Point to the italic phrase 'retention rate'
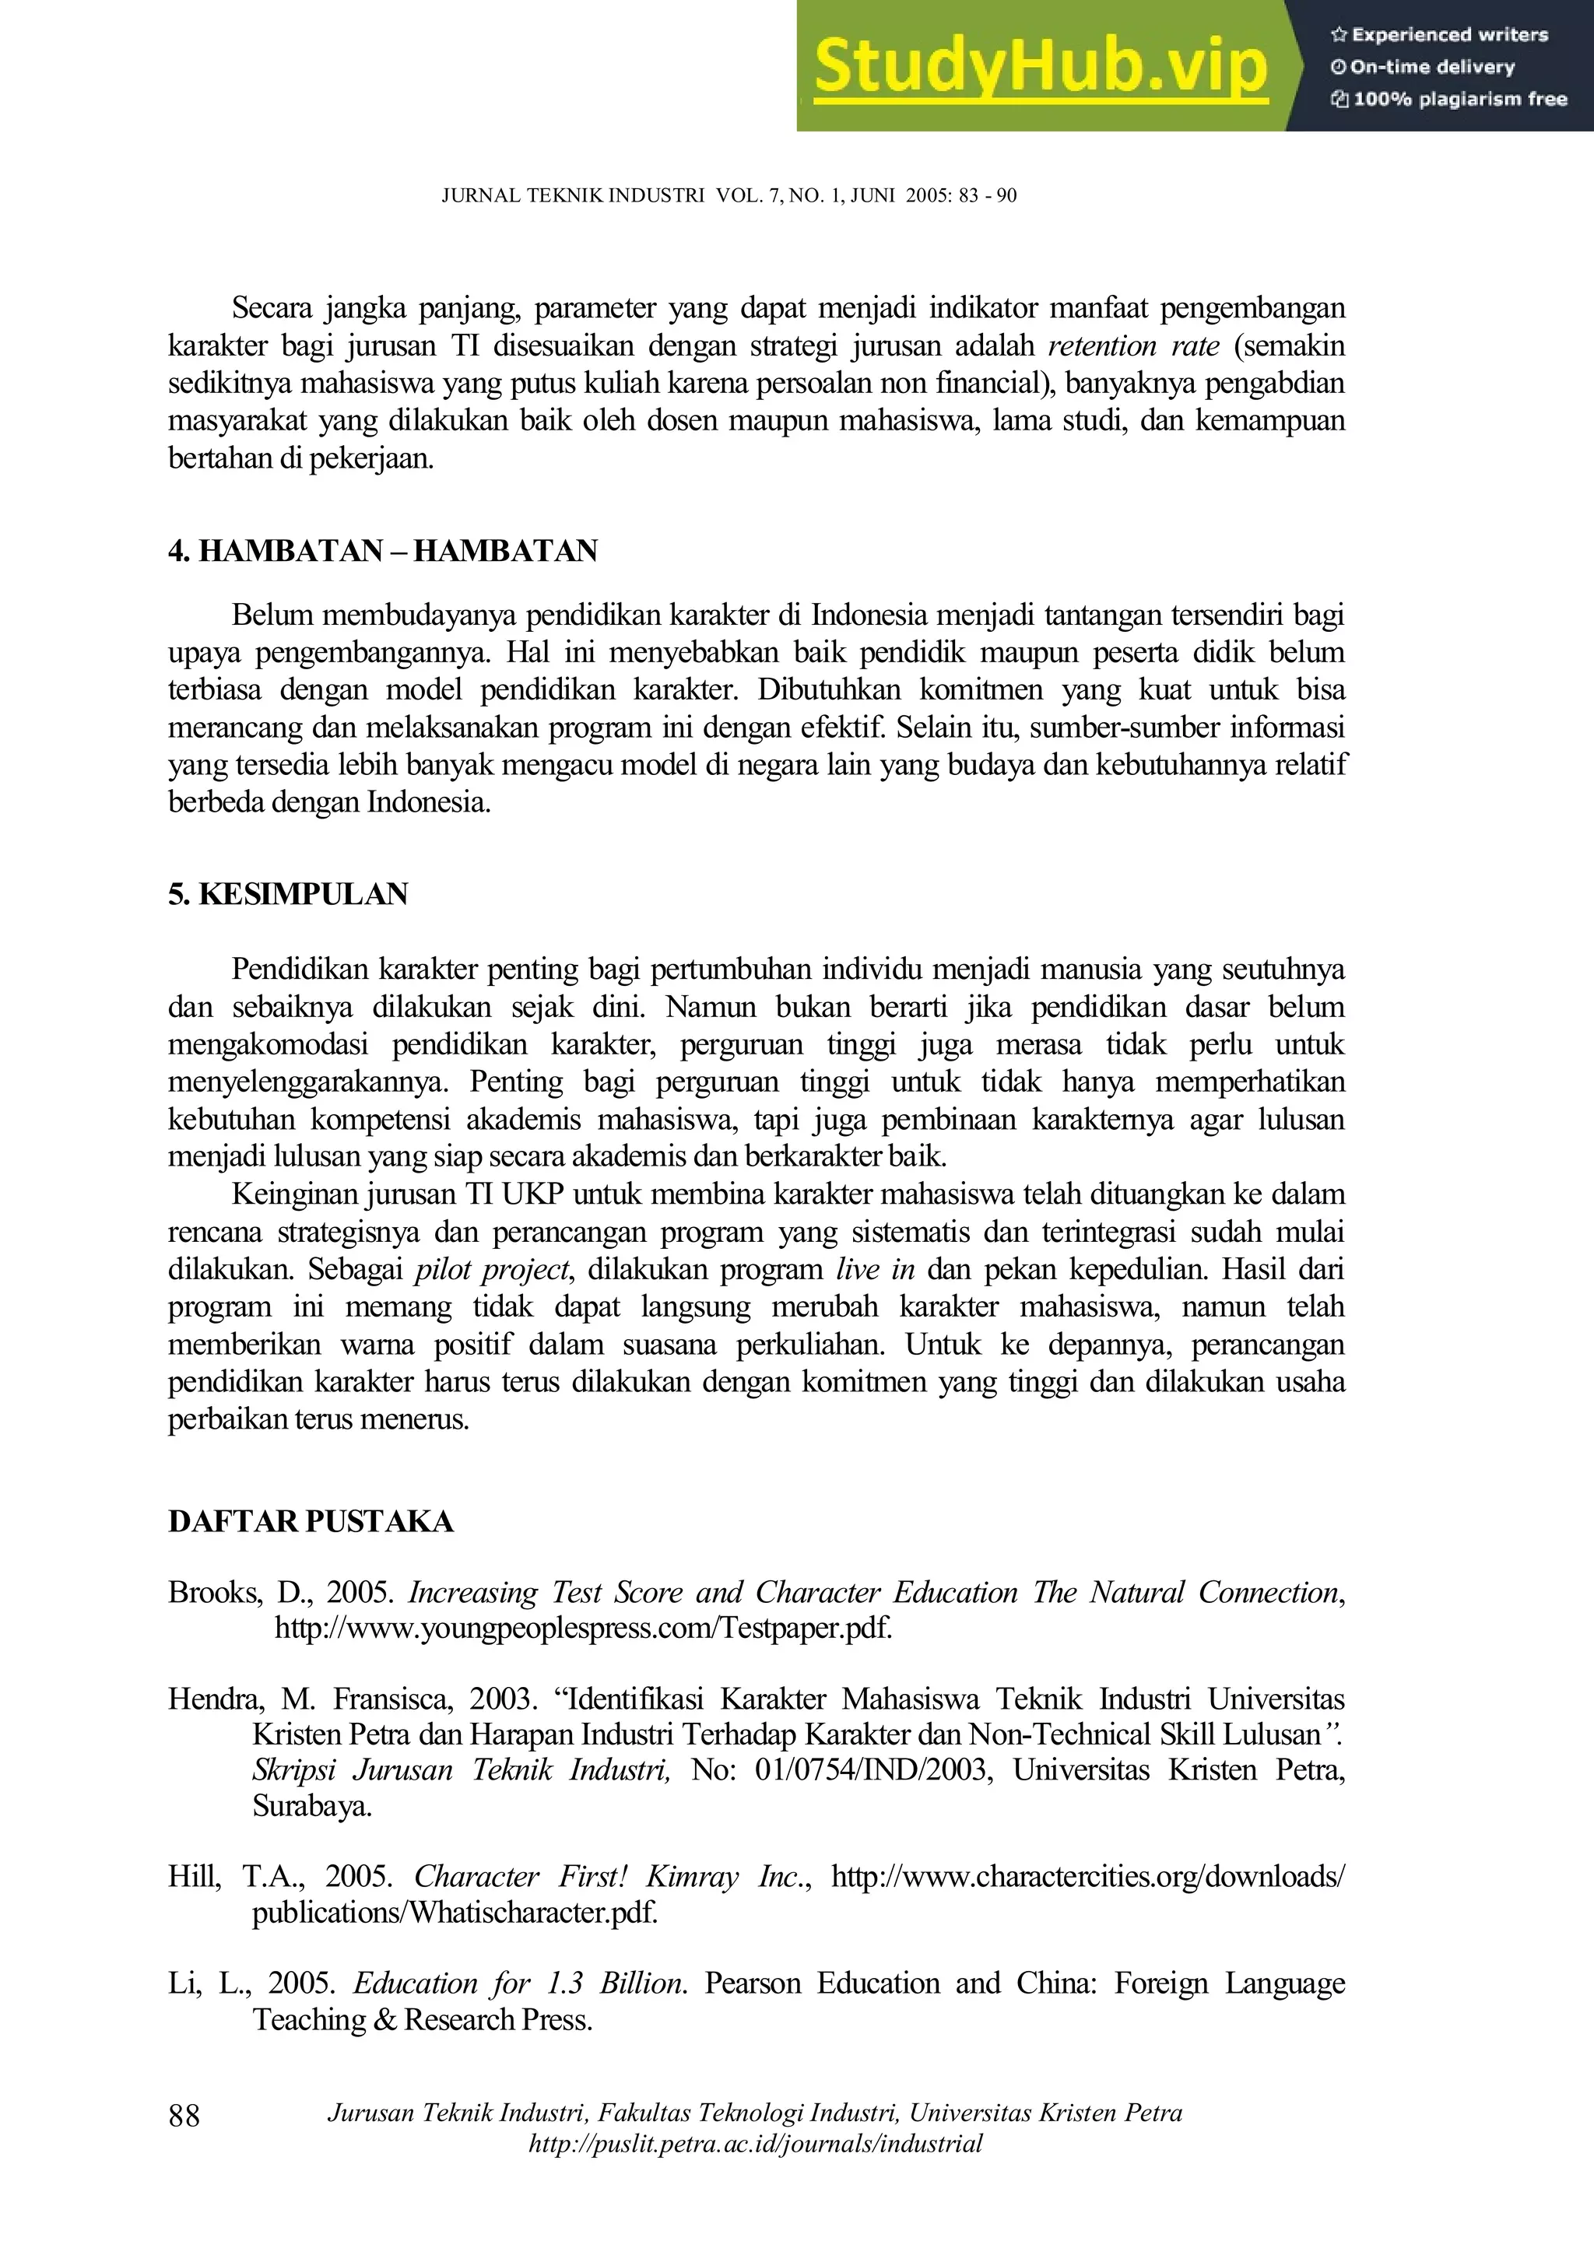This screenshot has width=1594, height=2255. click(1133, 345)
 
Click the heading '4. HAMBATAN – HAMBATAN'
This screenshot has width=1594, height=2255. click(382, 551)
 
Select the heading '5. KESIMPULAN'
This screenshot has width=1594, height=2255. click(288, 895)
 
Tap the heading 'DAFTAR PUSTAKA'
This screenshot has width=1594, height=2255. click(311, 1521)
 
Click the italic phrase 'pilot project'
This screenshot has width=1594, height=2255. click(491, 1270)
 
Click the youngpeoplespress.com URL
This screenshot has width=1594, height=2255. click(584, 1629)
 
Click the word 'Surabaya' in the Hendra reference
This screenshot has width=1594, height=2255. click(311, 1806)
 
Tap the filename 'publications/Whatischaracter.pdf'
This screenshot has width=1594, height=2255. click(454, 1912)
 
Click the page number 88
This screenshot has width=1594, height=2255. click(184, 2115)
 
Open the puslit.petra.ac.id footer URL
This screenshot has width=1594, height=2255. click(755, 2144)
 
